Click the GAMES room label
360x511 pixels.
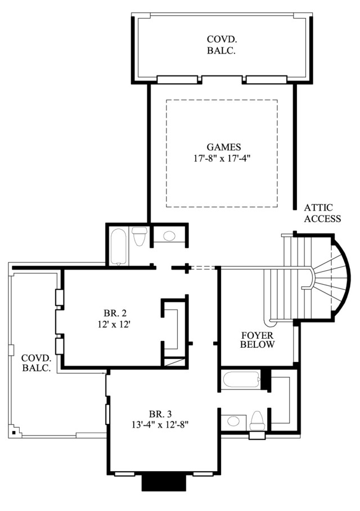point(224,147)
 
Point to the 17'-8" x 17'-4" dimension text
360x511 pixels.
point(223,158)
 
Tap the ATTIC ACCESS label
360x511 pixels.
point(322,213)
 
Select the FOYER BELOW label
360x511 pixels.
point(258,340)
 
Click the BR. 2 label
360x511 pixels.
point(115,313)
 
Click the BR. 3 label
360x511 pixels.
point(160,414)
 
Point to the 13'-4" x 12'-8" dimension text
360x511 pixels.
point(160,425)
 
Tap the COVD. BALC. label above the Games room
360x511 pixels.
point(222,45)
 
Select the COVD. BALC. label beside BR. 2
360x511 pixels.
point(36,363)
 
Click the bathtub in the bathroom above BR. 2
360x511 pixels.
point(118,246)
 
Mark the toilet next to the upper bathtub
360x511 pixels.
point(139,236)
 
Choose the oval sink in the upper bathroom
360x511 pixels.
point(169,236)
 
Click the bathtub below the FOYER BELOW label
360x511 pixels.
point(241,380)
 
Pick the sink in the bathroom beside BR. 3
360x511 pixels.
point(233,421)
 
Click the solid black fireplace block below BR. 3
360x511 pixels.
point(164,482)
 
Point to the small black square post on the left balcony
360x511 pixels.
point(13,432)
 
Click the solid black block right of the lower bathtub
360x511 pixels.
point(266,379)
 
